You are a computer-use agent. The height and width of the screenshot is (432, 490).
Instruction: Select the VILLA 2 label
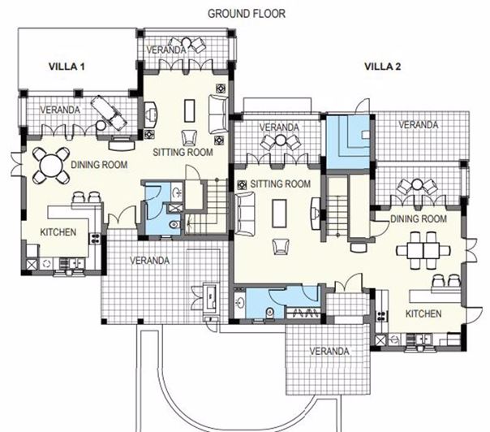pos(382,67)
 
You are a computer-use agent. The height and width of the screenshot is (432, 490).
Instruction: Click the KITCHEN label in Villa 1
pos(58,232)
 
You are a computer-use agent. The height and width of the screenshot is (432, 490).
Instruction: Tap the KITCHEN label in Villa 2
pos(423,313)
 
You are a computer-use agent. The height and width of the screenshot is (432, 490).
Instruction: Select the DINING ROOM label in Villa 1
pos(99,165)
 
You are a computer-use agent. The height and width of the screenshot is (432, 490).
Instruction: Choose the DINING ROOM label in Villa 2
pos(419,219)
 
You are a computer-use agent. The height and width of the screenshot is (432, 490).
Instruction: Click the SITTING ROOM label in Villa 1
pos(183,151)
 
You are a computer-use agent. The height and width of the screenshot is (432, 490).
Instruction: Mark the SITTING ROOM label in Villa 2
pos(281,184)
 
